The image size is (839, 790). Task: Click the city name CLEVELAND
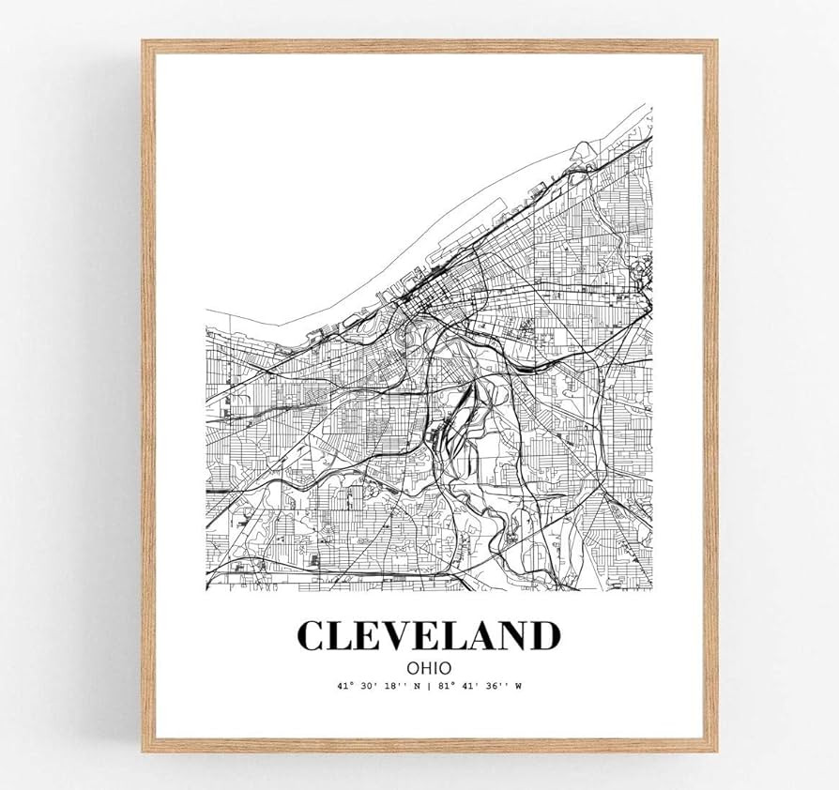click(428, 635)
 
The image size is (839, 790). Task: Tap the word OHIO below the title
click(429, 666)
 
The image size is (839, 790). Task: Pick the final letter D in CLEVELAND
click(543, 635)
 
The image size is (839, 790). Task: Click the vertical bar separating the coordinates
click(428, 686)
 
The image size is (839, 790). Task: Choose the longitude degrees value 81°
click(446, 686)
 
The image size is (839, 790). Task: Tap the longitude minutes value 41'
click(470, 686)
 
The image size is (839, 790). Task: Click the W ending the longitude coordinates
click(516, 686)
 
